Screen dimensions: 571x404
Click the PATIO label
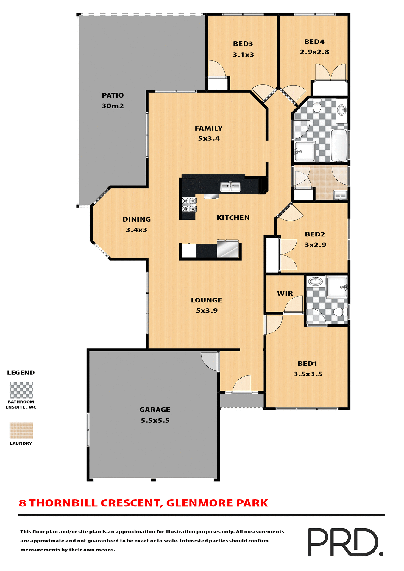tap(113, 95)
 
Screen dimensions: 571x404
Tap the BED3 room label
tap(243, 44)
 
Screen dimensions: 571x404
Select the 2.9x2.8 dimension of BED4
tap(314, 52)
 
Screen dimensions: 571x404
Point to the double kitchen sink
tap(230, 187)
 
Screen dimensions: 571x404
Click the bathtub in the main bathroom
tap(339, 145)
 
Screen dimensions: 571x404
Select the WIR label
tap(285, 294)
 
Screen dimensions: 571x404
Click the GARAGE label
tap(155, 410)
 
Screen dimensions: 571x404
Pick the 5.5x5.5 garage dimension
tap(155, 421)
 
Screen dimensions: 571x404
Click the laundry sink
tap(340, 195)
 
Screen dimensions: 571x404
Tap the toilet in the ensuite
tap(340, 312)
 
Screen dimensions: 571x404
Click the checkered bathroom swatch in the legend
tap(21, 390)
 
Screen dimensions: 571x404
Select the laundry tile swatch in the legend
tap(21, 430)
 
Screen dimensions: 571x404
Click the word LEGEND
tap(21, 373)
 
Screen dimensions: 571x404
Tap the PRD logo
tap(344, 542)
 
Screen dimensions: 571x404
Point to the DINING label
tap(137, 219)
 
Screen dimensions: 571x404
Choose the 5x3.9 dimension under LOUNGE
tap(207, 311)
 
